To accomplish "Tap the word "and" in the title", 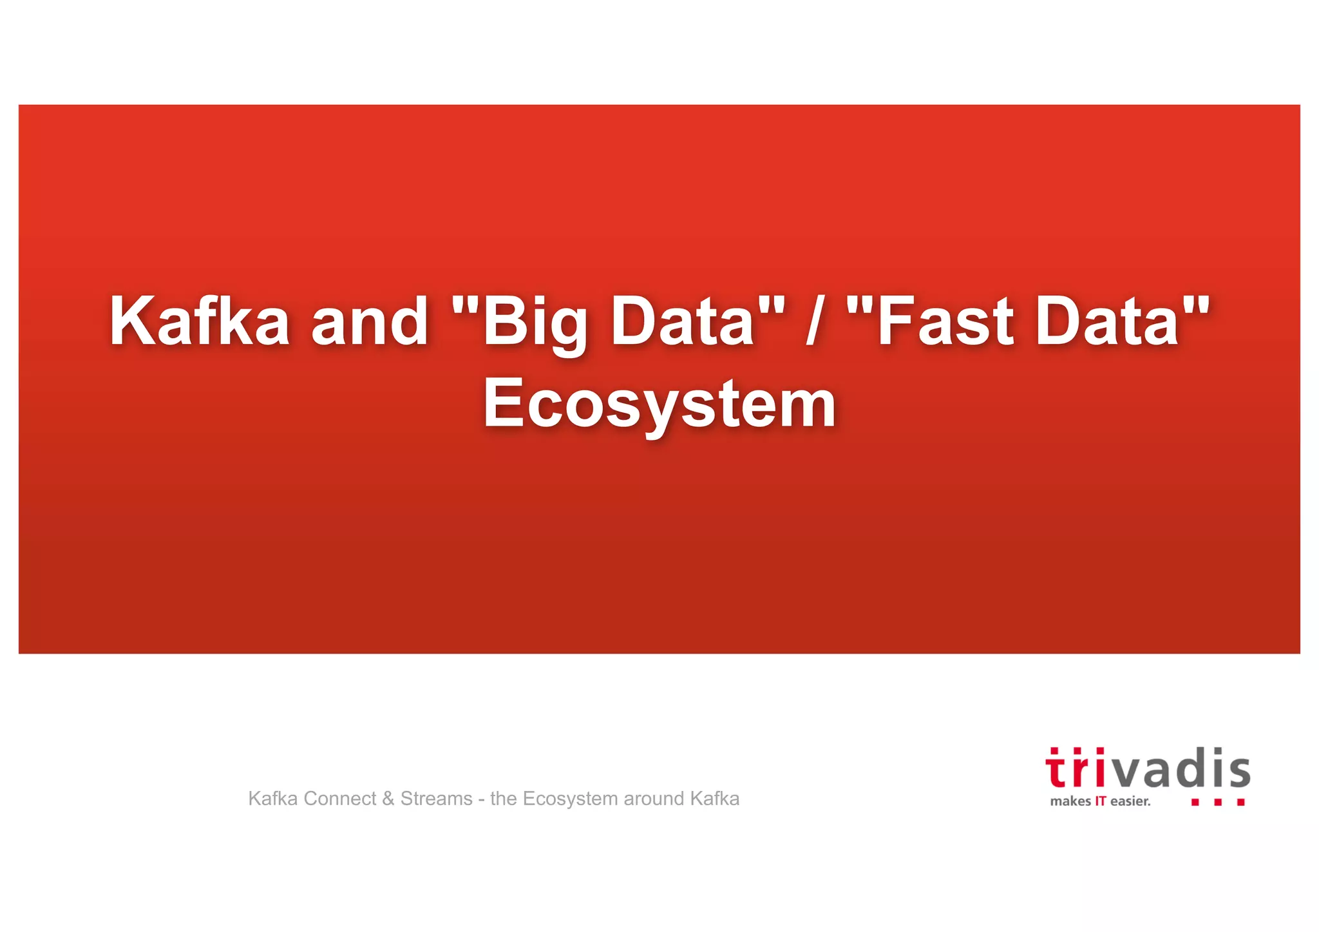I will [x=370, y=321].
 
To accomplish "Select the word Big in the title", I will [x=535, y=322].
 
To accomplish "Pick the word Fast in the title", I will [x=945, y=321].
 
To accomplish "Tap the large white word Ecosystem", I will [x=659, y=404].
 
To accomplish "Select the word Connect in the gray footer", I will [x=340, y=799].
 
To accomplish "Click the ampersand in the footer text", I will [x=388, y=799].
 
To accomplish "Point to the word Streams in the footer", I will [x=437, y=799].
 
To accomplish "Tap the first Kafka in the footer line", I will [x=273, y=799].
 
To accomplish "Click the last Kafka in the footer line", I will [x=715, y=799].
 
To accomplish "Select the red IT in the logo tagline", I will [x=1101, y=802].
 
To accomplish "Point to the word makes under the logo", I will [x=1070, y=802].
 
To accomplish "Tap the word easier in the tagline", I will [x=1130, y=802].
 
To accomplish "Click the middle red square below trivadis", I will [x=1217, y=803].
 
